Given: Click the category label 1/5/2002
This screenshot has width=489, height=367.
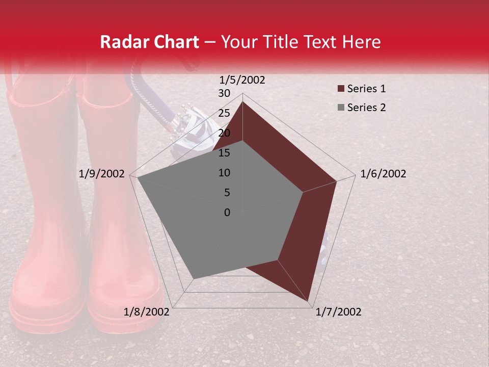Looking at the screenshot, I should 242,80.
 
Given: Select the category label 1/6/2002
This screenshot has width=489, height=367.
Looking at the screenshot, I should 383,174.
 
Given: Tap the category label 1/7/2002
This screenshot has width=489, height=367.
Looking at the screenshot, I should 338,312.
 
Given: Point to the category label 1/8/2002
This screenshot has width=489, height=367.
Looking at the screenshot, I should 147,312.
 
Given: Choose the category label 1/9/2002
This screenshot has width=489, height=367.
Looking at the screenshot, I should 102,174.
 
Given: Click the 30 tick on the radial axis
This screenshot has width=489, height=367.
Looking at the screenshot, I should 224,93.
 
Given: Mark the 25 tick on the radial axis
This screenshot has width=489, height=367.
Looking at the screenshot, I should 224,113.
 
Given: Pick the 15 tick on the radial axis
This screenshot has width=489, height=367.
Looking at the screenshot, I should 224,153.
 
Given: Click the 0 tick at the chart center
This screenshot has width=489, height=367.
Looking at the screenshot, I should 227,213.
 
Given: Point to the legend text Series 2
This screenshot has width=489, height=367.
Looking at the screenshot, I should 366,108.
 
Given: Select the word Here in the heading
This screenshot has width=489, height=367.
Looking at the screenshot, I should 362,42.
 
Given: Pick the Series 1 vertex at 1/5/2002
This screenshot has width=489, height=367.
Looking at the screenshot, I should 242,101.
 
